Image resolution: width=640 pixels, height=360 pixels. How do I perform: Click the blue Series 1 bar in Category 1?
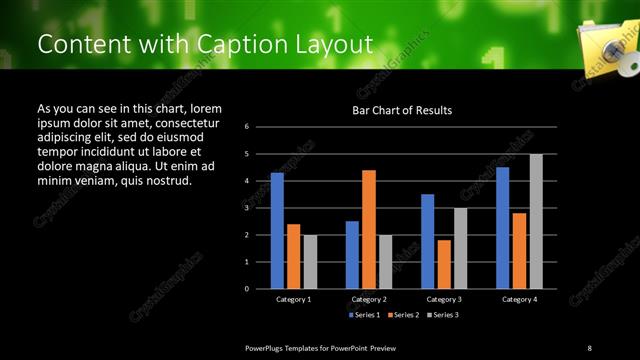[x=277, y=231]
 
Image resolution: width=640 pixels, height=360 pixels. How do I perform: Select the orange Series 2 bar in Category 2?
[x=369, y=229]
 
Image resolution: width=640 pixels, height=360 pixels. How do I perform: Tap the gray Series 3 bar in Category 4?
[x=536, y=221]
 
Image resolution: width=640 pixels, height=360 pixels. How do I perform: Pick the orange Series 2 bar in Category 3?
[x=444, y=264]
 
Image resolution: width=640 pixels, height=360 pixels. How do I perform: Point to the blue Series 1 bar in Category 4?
[x=502, y=228]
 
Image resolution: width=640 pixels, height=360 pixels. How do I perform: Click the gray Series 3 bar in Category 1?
[x=310, y=262]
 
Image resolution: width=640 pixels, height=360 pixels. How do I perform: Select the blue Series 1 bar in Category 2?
[x=352, y=255]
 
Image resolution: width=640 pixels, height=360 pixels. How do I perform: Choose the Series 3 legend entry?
[x=444, y=315]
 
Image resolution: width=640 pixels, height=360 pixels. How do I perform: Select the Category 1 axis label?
[x=293, y=299]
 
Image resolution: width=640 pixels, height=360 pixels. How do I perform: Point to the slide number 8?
[x=589, y=347]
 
